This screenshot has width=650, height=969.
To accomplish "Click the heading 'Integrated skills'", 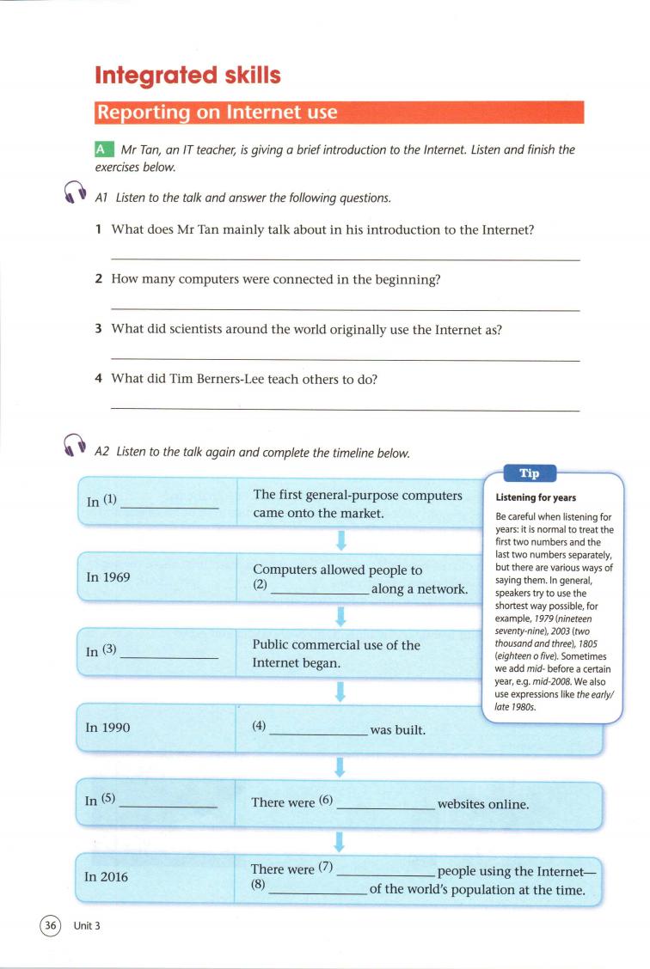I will pos(188,76).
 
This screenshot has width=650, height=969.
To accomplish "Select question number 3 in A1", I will pos(99,330).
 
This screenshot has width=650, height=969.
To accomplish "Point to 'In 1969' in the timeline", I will pos(108,577).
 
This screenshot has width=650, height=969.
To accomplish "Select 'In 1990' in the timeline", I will pos(108,727).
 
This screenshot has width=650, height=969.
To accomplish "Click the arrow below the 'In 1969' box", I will pos(340,615).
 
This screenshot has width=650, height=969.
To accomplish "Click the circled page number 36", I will pos(51,925).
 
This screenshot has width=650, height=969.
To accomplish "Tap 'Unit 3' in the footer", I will pos(87,925).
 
